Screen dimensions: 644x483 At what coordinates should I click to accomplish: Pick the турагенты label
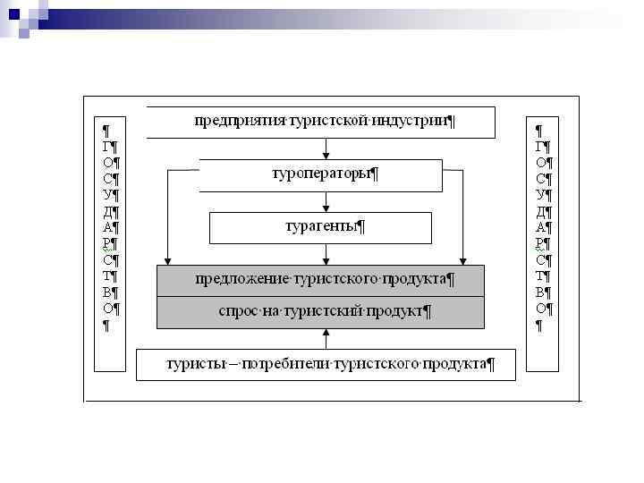click(321, 225)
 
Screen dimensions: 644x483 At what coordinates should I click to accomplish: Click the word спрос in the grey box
click(237, 311)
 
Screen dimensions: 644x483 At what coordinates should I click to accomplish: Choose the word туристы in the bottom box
click(194, 363)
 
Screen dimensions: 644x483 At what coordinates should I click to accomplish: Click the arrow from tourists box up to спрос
click(326, 338)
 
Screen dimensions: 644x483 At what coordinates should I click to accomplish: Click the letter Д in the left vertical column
click(106, 211)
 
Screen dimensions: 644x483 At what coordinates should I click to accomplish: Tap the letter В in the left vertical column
click(106, 292)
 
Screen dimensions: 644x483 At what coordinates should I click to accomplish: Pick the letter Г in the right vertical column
click(540, 146)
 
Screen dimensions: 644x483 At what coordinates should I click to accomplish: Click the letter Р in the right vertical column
click(541, 243)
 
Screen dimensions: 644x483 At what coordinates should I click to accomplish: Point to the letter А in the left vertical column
click(106, 227)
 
